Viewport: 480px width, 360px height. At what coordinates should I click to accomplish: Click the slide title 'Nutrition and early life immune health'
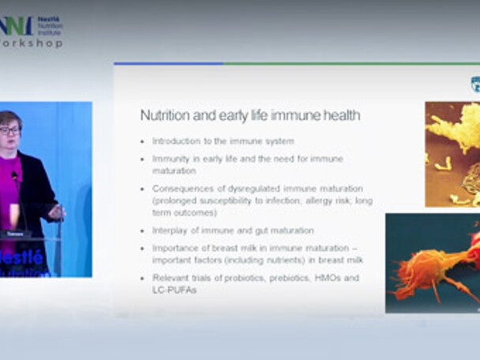[x=250, y=115]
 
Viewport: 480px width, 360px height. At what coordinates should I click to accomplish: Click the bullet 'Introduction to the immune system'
[x=223, y=141]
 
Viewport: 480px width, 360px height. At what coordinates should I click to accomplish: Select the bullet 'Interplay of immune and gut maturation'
[x=233, y=231]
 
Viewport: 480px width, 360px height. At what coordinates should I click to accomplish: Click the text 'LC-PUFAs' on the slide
[x=173, y=290]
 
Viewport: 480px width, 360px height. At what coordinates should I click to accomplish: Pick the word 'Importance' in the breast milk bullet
[x=174, y=246]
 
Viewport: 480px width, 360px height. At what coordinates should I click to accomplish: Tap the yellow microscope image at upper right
[x=452, y=154]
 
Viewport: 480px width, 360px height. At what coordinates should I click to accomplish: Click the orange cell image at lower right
[x=432, y=262]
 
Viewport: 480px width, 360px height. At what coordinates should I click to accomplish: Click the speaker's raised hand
[x=55, y=212]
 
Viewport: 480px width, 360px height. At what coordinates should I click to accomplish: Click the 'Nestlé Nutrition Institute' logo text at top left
[x=49, y=24]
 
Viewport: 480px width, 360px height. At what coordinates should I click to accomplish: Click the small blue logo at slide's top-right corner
[x=474, y=84]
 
